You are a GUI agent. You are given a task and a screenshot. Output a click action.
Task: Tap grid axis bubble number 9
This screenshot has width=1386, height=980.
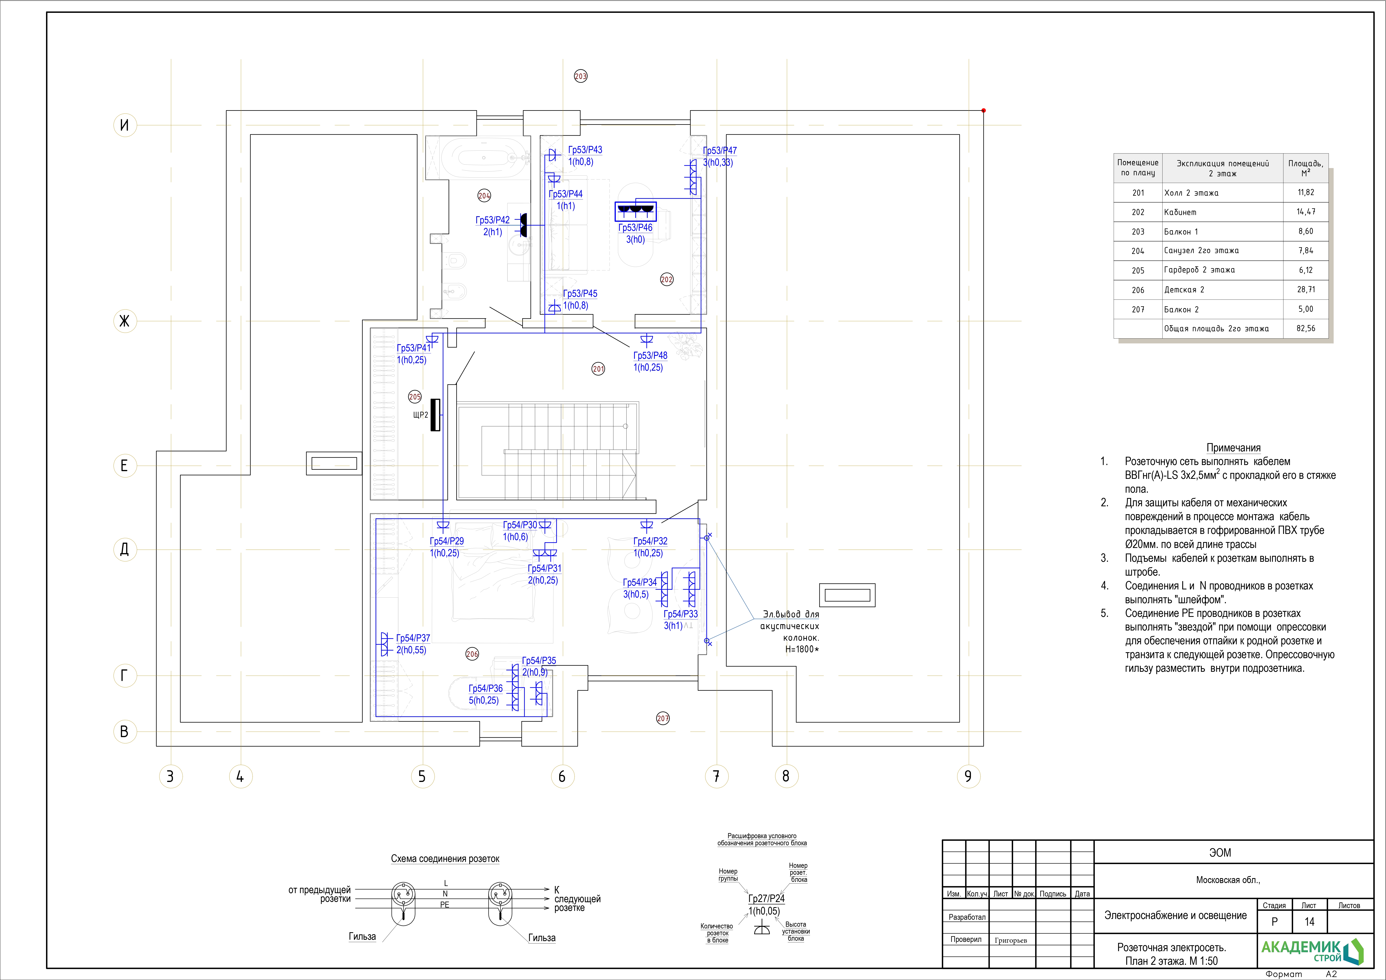968,776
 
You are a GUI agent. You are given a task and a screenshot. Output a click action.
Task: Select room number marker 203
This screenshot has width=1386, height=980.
581,76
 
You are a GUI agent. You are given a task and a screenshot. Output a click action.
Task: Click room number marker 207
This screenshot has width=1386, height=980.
663,718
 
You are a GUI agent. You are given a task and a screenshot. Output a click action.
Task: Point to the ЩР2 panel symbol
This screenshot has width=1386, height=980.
435,415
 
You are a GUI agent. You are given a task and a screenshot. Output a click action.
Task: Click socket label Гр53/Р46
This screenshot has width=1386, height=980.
635,227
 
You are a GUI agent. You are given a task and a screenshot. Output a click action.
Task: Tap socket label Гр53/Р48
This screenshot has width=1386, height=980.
650,355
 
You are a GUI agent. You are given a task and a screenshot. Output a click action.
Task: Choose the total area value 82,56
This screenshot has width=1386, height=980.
1306,328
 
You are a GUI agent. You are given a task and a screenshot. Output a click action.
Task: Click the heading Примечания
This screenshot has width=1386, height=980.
1233,448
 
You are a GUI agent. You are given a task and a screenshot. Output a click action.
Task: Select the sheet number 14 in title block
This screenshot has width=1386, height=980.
1309,922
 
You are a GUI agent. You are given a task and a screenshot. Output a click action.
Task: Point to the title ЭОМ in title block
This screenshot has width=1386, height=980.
1220,853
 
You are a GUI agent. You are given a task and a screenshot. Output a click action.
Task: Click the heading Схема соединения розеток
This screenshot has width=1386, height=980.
445,859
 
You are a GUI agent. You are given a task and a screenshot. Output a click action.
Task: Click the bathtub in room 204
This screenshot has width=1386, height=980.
484,158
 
